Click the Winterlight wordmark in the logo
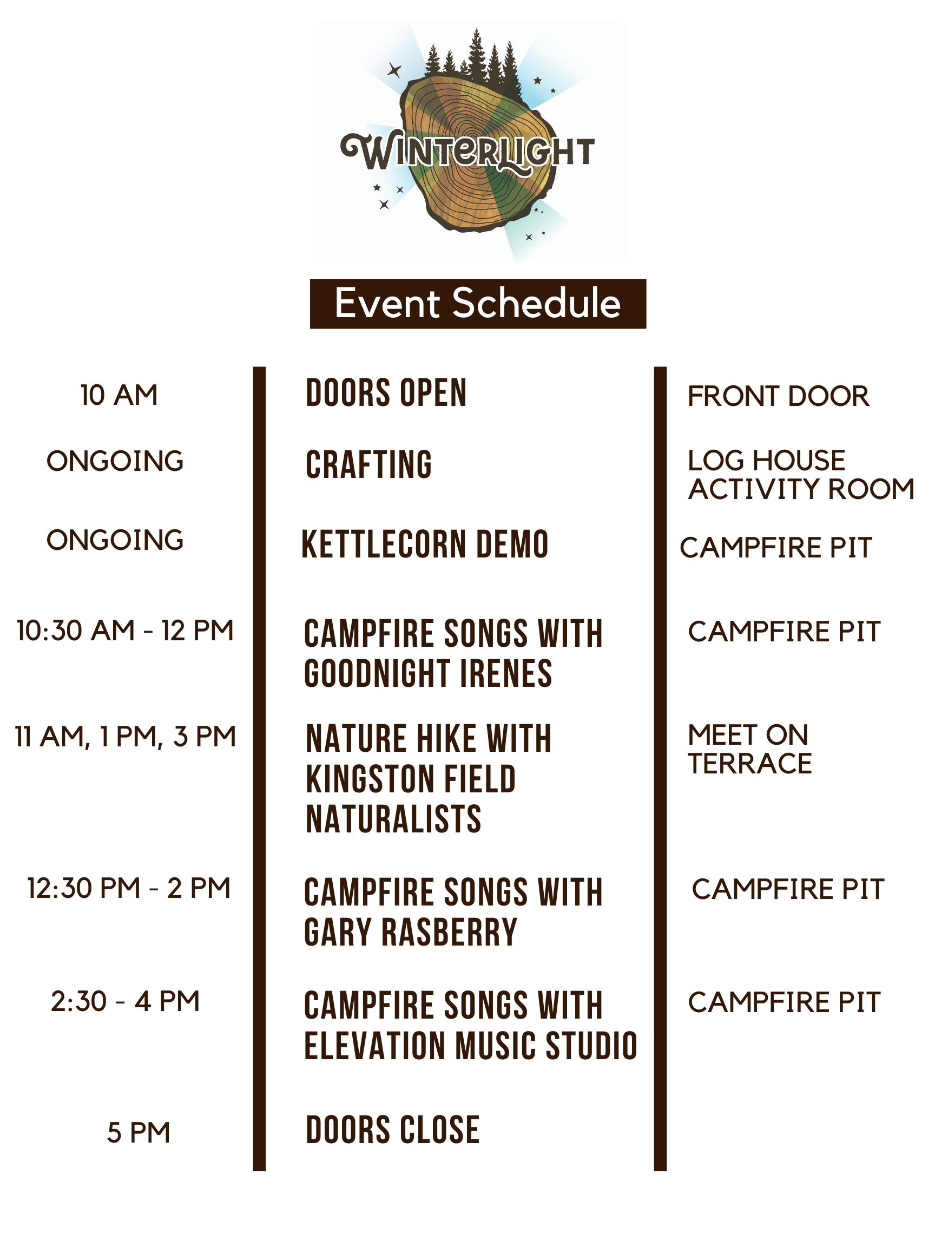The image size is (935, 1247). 467,151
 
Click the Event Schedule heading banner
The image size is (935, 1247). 478,303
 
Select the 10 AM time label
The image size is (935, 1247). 119,395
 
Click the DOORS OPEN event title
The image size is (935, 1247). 386,393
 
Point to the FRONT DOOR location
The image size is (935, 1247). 778,396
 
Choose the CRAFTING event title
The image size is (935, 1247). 368,464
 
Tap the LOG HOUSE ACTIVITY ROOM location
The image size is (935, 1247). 801,475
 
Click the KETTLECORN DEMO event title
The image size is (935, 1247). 425,544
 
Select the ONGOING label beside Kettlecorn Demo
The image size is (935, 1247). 115,540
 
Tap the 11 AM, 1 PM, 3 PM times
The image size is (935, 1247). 125,737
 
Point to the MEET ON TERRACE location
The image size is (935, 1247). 749,749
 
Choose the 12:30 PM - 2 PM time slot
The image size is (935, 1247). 129,888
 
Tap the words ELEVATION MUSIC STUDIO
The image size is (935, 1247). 471,1046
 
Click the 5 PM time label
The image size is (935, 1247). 139,1133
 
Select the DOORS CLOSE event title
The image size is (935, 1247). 392,1130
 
